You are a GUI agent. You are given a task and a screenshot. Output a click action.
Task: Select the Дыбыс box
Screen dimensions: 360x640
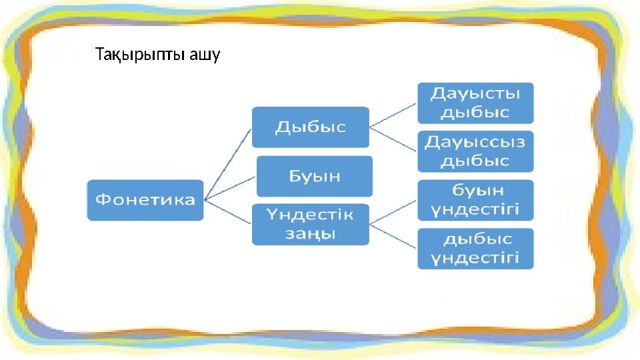tap(310, 127)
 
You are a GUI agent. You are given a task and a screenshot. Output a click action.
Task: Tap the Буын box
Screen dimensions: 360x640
tap(315, 176)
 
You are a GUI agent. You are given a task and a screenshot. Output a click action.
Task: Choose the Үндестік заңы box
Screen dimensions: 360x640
tap(310, 225)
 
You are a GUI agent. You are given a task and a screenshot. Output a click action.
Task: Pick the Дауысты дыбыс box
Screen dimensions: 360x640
tap(475, 103)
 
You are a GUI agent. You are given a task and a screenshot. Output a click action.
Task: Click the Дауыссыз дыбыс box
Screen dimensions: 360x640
tap(475, 151)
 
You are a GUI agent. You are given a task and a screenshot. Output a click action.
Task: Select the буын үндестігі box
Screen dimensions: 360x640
tap(475, 200)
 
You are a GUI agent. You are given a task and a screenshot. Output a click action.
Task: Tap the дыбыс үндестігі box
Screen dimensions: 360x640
tap(475, 249)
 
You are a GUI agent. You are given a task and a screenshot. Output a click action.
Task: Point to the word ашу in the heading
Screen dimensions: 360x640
tap(204, 54)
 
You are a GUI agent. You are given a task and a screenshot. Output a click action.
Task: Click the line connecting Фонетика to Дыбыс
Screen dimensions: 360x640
tap(228, 163)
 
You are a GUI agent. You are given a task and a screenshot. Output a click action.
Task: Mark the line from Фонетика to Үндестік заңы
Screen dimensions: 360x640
tap(228, 211)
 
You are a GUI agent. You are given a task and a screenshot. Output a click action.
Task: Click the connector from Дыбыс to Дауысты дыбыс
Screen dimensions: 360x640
tap(393, 115)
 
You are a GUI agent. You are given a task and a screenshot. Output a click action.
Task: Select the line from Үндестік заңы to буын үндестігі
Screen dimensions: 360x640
tap(393, 212)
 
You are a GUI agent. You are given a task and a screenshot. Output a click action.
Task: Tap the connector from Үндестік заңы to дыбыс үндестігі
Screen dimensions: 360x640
tap(393, 237)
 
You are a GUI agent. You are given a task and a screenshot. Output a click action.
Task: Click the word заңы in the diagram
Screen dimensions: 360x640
tap(310, 234)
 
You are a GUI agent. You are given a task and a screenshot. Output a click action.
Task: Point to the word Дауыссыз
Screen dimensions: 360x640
tap(475, 142)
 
